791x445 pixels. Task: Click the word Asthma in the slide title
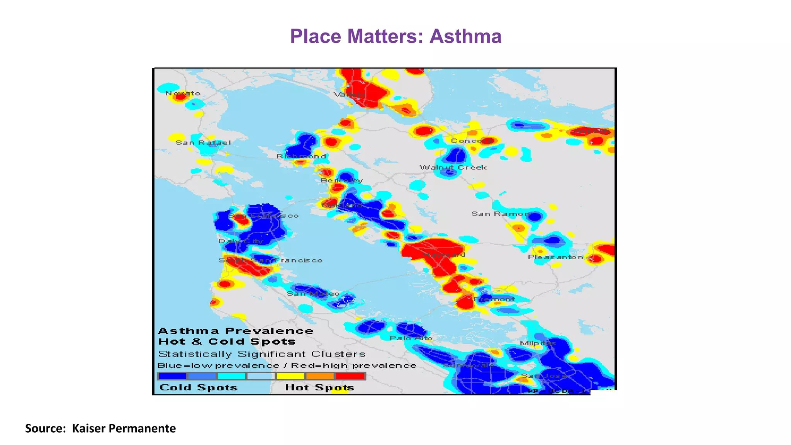point(465,36)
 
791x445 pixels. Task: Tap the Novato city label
point(183,93)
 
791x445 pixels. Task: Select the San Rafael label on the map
point(203,143)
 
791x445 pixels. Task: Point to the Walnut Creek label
point(453,167)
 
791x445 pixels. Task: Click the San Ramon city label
point(501,214)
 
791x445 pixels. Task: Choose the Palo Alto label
point(411,338)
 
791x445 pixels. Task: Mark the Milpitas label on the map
point(538,343)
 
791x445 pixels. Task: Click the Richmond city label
point(301,156)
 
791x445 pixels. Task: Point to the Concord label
point(471,141)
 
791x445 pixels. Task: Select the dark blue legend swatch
point(173,376)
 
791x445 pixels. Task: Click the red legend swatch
point(350,376)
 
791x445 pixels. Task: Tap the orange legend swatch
point(320,376)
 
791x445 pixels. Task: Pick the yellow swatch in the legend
point(290,376)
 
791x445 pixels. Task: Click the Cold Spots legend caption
point(199,387)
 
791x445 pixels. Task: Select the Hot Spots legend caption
point(319,387)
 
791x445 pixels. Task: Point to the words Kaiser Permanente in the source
point(124,428)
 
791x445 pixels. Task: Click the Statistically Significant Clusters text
point(262,354)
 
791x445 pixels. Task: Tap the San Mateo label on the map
point(313,294)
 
